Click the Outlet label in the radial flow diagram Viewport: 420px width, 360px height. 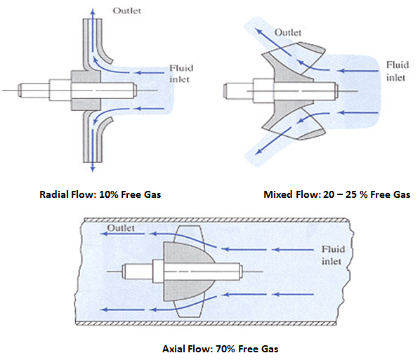point(128,11)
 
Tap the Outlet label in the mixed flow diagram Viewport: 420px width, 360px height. point(288,32)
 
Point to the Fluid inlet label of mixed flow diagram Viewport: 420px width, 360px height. point(397,70)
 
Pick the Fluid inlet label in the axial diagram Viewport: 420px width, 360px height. point(332,255)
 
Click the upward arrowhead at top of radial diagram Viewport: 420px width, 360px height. point(92,6)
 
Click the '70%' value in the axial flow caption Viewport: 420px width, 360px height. point(218,347)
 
